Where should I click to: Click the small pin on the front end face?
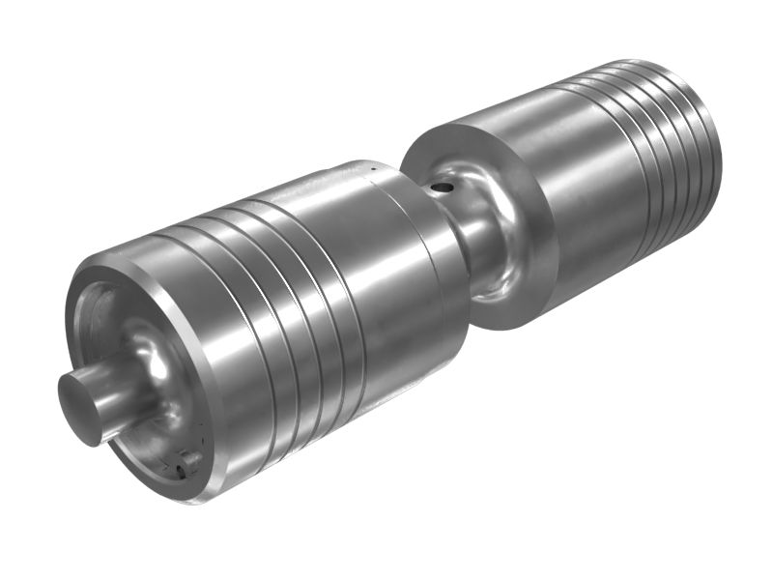(191, 461)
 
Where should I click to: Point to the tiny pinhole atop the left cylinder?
(370, 171)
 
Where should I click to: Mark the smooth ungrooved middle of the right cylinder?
(570, 193)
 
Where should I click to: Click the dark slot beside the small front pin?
(181, 472)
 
